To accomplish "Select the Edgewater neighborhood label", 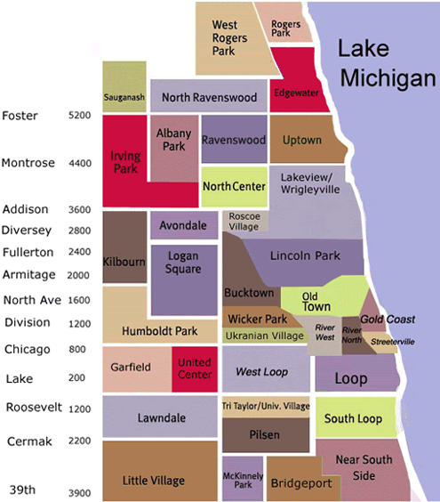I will [297, 93].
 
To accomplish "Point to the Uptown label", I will [301, 141].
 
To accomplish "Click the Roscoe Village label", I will [244, 222].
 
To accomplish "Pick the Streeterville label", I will [392, 342].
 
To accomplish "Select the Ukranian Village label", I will [265, 336].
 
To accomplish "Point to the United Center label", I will [195, 368].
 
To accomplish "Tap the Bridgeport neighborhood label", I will [301, 484].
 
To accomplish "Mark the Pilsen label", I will [265, 435].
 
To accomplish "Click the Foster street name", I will [20, 117].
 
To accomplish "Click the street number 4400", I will [79, 164].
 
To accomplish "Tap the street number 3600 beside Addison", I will [79, 211].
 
